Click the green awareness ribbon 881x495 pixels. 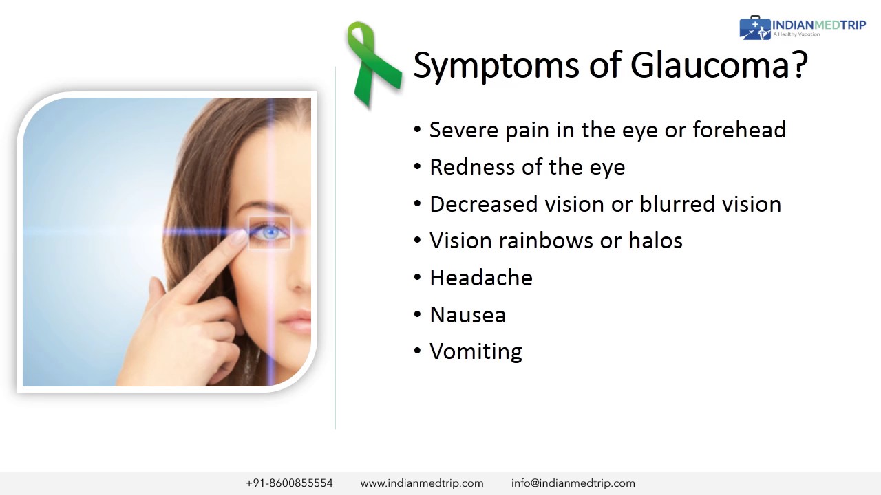pyautogui.click(x=372, y=63)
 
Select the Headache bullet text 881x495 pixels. pyautogui.click(x=481, y=278)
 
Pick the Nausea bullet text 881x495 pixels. pyautogui.click(x=467, y=315)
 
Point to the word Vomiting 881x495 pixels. pyautogui.click(x=476, y=351)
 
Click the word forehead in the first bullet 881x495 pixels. pyautogui.click(x=739, y=129)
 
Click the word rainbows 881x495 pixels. pyautogui.click(x=546, y=241)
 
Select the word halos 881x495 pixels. pyautogui.click(x=655, y=241)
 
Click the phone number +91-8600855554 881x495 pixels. pyautogui.click(x=289, y=483)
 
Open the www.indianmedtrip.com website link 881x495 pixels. pyautogui.click(x=422, y=483)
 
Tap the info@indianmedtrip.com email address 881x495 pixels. pyautogui.click(x=573, y=483)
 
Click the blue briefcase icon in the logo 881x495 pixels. pyautogui.click(x=755, y=28)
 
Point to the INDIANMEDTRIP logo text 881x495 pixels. pyautogui.click(x=819, y=25)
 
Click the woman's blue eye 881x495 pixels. pyautogui.click(x=270, y=233)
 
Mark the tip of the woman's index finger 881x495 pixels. pyautogui.click(x=241, y=235)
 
